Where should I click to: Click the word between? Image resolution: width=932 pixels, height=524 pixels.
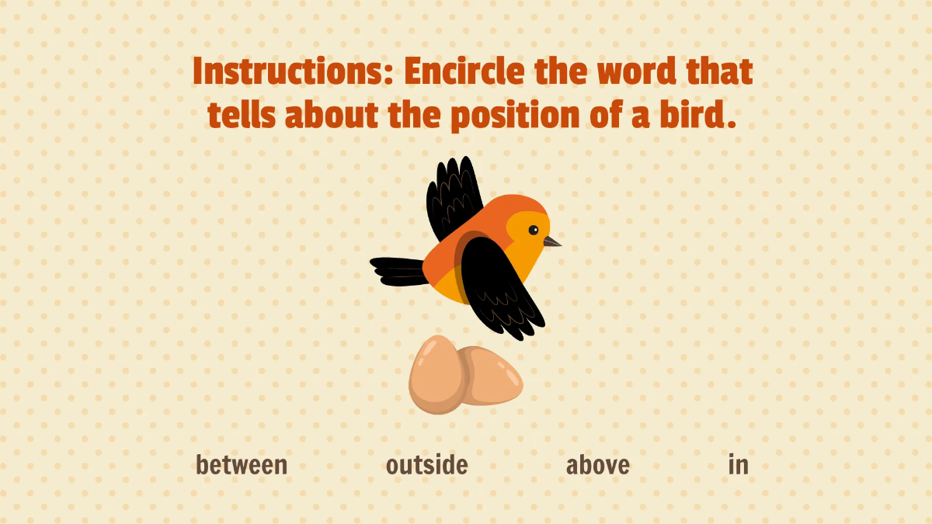(x=242, y=465)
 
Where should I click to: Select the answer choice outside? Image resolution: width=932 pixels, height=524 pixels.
(x=426, y=465)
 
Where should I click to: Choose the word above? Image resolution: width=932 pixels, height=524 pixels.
(x=597, y=465)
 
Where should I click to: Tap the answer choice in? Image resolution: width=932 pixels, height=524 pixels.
(x=738, y=465)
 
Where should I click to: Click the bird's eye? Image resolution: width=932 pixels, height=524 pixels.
(x=534, y=230)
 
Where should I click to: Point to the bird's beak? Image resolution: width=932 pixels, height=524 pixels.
(x=551, y=242)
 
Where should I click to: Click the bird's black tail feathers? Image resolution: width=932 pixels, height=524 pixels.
(x=398, y=271)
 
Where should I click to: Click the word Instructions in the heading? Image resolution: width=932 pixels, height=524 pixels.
(x=294, y=72)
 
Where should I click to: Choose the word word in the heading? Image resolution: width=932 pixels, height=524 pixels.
(x=636, y=72)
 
